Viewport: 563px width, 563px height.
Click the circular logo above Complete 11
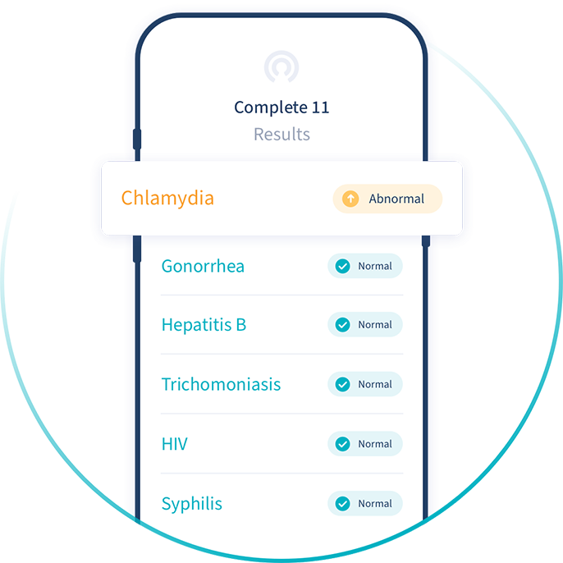coord(281,66)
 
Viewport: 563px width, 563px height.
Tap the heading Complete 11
coord(281,108)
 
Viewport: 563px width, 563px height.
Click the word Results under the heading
coord(281,134)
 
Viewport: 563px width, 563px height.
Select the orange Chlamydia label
coord(167,198)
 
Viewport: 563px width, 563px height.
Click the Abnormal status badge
coord(387,199)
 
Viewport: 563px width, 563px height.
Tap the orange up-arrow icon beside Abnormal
coord(350,199)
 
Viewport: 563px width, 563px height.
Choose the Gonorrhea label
coord(203,266)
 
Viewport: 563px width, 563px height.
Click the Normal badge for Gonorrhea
coord(365,266)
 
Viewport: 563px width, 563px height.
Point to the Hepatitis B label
coord(204,325)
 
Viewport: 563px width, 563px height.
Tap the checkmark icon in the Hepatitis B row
coord(343,325)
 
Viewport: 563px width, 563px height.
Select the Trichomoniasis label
coord(221,384)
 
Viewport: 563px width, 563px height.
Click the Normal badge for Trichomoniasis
coord(365,384)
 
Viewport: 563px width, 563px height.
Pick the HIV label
coord(175,444)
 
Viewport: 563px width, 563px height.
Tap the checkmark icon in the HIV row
coord(343,444)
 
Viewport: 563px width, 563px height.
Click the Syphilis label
coord(192,503)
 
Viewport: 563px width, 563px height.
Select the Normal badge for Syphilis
coord(365,503)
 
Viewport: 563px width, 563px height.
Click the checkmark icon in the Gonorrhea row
coord(343,266)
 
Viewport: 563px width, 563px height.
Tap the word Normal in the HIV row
coord(375,444)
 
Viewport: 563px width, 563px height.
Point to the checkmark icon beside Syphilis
coord(343,503)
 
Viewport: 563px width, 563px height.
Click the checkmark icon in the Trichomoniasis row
coord(343,384)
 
